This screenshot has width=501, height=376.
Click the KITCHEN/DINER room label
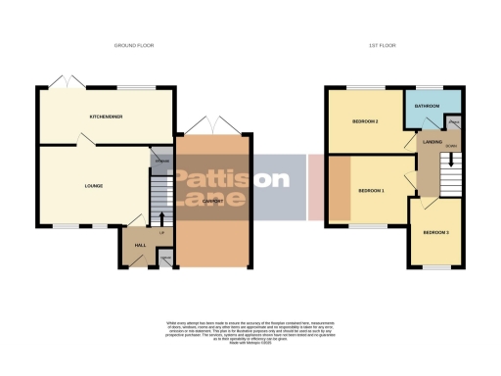(x=105, y=117)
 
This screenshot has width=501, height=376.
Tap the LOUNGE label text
(x=94, y=185)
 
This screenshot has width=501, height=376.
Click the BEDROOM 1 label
(x=371, y=189)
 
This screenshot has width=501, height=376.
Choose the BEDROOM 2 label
(x=365, y=120)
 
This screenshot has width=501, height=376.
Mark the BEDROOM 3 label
(x=435, y=232)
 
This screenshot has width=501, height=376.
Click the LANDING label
(x=432, y=142)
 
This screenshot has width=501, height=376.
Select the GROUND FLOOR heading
(x=134, y=46)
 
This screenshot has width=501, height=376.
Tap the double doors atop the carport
(x=212, y=123)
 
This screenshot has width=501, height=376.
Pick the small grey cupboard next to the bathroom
(x=454, y=122)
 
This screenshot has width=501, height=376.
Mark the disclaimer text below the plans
(x=249, y=332)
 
